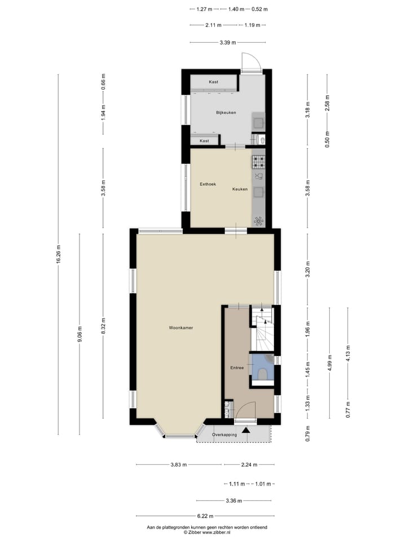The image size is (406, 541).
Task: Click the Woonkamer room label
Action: tap(180, 327)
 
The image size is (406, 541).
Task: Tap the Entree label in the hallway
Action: tap(237, 368)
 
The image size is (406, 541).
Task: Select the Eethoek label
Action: tap(208, 184)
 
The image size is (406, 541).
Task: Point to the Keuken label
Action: tap(240, 189)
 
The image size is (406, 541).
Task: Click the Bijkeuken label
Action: tap(226, 113)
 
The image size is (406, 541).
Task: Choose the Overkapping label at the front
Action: tap(224, 435)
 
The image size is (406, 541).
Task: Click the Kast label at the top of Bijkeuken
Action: tap(213, 82)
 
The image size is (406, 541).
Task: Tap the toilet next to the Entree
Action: tap(262, 373)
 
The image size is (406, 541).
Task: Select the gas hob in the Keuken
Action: tap(258, 162)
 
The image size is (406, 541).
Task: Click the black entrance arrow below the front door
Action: tap(245, 431)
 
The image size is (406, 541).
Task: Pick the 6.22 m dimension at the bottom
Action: tap(204, 516)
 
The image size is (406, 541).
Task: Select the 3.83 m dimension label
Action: tap(179, 465)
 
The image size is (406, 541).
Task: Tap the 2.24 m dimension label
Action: tap(248, 465)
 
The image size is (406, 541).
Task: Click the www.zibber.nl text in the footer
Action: tap(216, 532)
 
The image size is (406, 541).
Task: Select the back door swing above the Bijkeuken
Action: tap(250, 63)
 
